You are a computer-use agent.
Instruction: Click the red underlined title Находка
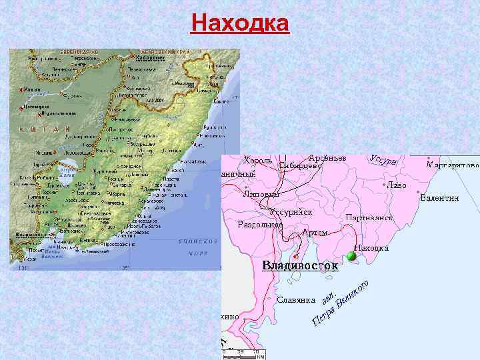click(x=240, y=23)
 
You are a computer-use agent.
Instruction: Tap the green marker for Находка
click(x=351, y=257)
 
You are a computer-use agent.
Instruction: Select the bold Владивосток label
click(x=299, y=267)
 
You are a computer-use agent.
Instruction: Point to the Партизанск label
click(x=369, y=218)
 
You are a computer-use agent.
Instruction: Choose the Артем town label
click(x=314, y=232)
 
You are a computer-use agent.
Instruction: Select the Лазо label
click(x=397, y=185)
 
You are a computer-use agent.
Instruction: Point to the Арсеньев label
click(x=327, y=157)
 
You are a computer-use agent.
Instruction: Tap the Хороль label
click(x=257, y=161)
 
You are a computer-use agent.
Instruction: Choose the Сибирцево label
click(x=301, y=166)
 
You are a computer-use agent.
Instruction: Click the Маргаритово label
click(x=453, y=164)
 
